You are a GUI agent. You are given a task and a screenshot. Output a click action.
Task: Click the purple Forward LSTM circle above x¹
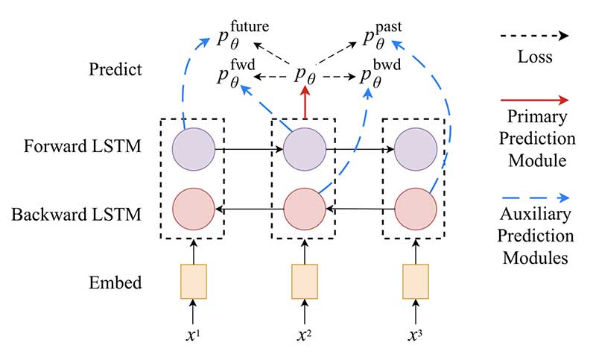pyautogui.click(x=193, y=149)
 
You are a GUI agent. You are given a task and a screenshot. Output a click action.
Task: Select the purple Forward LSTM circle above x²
pyautogui.click(x=304, y=149)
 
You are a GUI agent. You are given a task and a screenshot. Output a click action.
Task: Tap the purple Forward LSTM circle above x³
pyautogui.click(x=416, y=149)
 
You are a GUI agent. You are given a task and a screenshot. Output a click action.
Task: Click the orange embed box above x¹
pyautogui.click(x=193, y=280)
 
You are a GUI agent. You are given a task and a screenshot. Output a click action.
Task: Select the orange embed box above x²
pyautogui.click(x=304, y=280)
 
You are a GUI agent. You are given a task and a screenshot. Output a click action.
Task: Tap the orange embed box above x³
pyautogui.click(x=416, y=280)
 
